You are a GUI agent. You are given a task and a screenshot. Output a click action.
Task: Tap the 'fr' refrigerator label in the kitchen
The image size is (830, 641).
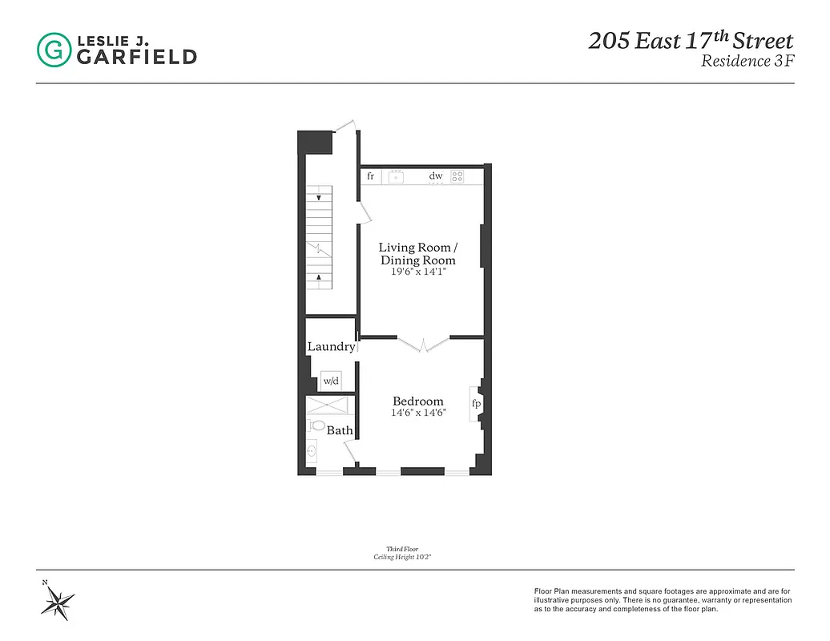pos(370,176)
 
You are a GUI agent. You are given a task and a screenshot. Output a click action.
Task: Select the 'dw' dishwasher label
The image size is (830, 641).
pos(436,176)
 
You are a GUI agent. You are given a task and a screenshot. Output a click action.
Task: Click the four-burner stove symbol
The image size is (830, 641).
pos(457,176)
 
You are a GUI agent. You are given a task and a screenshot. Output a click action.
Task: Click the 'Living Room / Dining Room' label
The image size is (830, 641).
pos(417,254)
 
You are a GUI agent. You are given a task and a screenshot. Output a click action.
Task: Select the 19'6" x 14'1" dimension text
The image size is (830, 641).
pos(417,272)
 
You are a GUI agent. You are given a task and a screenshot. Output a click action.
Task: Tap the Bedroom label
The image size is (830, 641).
pos(417,401)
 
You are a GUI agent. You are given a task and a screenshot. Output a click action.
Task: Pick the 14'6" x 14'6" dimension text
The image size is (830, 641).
pos(417,413)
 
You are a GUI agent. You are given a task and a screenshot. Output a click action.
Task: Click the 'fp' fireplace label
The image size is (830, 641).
pos(476,404)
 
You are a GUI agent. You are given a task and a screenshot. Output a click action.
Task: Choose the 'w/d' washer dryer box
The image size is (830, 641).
pos(332,381)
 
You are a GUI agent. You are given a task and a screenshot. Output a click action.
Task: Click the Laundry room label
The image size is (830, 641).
pos(331,347)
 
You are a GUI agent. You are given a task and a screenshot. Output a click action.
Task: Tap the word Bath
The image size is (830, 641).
pos(340,431)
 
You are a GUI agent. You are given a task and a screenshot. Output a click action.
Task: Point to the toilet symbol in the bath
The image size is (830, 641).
pos(316,425)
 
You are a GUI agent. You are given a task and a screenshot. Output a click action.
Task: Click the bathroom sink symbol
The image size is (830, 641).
pos(312,454)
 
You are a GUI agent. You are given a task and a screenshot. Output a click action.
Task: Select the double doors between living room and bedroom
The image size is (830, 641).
pos(424,343)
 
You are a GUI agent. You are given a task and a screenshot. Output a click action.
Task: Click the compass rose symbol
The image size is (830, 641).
pos(58,599)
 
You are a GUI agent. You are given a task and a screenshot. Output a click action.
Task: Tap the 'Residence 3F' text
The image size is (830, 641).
pos(747,62)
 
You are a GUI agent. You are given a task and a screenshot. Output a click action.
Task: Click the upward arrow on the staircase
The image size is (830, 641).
pos(319,278)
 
